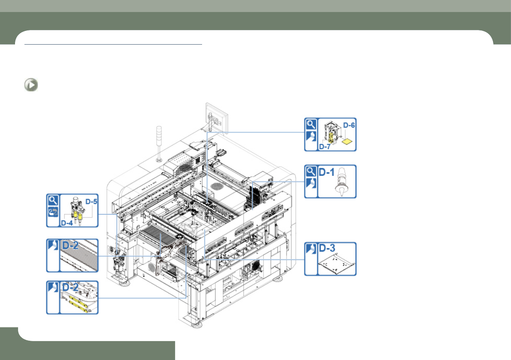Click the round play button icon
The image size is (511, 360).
(31, 85)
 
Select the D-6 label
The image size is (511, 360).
(349, 125)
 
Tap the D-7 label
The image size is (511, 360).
(325, 147)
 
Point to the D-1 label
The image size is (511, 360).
(327, 172)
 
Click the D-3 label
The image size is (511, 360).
(327, 248)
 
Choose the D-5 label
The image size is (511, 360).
(91, 202)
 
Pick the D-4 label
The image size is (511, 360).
(67, 223)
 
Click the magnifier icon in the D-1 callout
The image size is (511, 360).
(311, 171)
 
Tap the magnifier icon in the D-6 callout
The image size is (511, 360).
(311, 124)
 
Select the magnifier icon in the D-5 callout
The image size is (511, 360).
(53, 200)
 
